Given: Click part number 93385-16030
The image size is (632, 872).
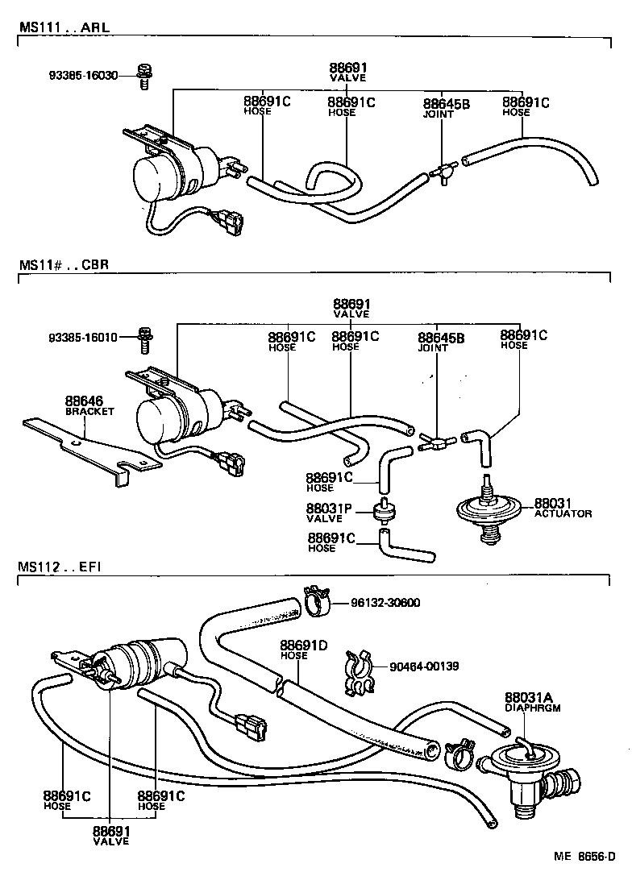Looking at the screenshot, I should [x=81, y=76].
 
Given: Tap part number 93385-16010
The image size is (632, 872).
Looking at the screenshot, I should [x=81, y=335].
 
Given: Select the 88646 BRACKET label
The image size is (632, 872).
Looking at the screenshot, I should [x=89, y=405].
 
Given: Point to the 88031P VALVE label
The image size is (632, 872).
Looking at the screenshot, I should [x=329, y=513].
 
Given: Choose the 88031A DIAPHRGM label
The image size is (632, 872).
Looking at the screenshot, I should [x=532, y=702].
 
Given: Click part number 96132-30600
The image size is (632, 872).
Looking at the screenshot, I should [x=385, y=603].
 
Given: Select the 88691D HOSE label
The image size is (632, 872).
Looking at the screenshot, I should [x=304, y=650].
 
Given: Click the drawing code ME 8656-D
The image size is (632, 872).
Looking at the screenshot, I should [x=588, y=856].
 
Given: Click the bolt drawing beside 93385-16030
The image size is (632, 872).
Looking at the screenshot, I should [x=146, y=76].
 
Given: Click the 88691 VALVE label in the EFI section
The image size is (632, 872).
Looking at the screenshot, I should [x=110, y=836].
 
